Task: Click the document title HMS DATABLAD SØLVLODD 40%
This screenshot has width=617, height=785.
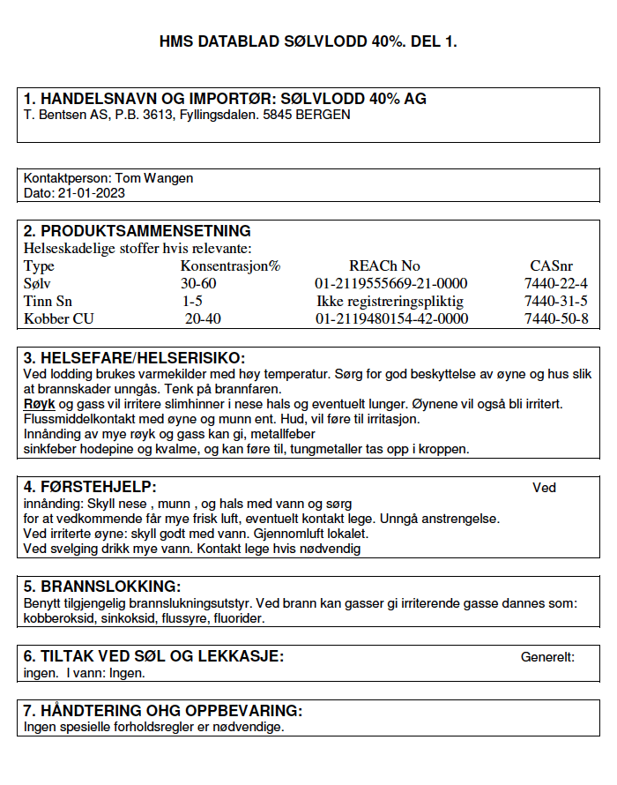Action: (308, 41)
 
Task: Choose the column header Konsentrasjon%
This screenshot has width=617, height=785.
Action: (230, 265)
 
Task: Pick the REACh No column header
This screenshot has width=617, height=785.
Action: (384, 265)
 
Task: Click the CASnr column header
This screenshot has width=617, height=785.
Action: (551, 265)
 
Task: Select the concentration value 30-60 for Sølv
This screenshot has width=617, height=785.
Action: (198, 283)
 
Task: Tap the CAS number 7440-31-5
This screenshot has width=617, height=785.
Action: (555, 301)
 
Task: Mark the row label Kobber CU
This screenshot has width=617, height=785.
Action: (59, 318)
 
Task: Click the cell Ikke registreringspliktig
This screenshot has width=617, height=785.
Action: (390, 301)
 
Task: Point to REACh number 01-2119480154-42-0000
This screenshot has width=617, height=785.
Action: (391, 318)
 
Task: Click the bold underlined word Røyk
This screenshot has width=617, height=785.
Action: (39, 403)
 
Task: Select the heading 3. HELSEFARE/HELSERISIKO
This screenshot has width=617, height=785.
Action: (134, 357)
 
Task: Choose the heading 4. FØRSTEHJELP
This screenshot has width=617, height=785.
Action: (90, 486)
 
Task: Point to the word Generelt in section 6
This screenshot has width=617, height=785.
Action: (547, 657)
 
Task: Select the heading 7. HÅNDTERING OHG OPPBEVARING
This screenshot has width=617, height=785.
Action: (163, 711)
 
